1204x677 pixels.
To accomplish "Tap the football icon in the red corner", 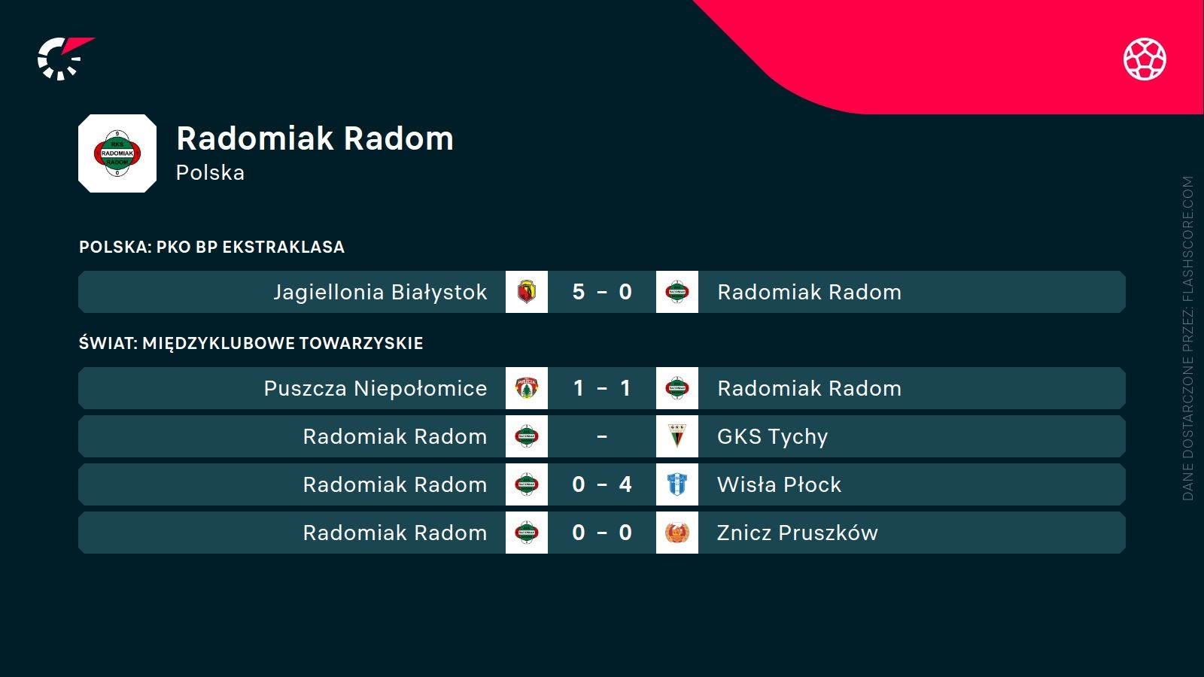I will click(1145, 59).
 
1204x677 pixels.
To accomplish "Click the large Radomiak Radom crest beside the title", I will click(117, 153).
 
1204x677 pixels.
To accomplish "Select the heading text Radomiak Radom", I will click(315, 138).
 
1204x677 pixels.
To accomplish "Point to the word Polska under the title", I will click(210, 173).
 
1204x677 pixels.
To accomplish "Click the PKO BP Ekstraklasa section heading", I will click(211, 247).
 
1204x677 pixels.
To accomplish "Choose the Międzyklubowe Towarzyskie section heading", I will click(251, 343).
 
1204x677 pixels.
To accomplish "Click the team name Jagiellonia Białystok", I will click(380, 292).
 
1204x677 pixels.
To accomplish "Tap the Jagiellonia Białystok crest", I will click(527, 292).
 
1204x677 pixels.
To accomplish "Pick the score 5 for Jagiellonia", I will click(578, 292).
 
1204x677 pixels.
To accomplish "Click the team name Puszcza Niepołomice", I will click(375, 388).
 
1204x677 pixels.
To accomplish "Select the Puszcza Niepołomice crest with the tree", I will click(527, 388).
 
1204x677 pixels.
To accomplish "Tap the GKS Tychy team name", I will click(772, 436).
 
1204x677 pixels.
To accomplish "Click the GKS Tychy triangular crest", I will click(677, 436).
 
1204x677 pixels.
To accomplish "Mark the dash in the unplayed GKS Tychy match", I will click(602, 436).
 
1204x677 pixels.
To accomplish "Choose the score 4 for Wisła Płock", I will click(625, 484).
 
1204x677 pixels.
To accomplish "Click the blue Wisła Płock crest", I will click(677, 484).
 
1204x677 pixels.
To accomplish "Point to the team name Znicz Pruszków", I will click(797, 533).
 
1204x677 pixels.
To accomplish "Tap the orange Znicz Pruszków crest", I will click(677, 533).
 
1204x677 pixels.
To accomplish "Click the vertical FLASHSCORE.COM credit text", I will click(1187, 338).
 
